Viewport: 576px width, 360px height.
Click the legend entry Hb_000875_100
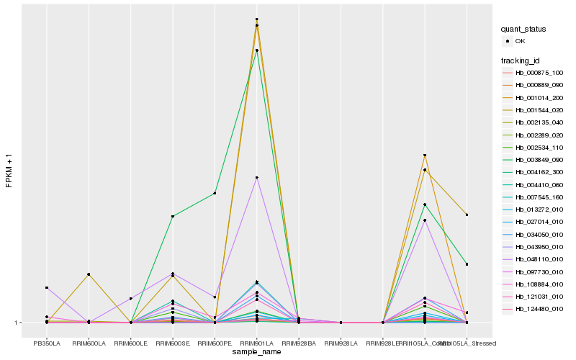tap(539, 73)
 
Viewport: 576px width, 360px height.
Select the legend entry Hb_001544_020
tap(539, 109)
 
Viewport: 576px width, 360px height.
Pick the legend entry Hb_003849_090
tap(539, 160)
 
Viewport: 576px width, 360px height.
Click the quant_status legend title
tap(523, 29)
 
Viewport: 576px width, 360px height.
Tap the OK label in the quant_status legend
tap(520, 41)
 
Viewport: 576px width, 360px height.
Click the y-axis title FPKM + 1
tap(9, 171)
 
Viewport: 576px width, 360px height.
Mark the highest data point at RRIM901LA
tap(257, 19)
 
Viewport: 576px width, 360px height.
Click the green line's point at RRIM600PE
tap(215, 193)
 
